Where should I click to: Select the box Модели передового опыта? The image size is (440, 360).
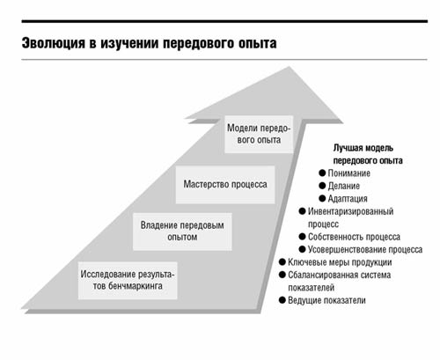pyautogui.click(x=259, y=134)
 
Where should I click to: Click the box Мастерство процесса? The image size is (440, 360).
pyautogui.click(x=225, y=185)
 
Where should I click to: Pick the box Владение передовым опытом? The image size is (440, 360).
pyautogui.click(x=182, y=231)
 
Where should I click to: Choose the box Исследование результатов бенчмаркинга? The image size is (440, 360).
pyautogui.click(x=128, y=281)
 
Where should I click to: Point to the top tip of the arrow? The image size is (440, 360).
pyautogui.click(x=290, y=67)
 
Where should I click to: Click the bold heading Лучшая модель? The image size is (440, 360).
pyautogui.click(x=363, y=148)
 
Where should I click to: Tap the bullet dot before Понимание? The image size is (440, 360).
pyautogui.click(x=322, y=173)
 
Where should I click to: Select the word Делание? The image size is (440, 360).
pyautogui.click(x=343, y=186)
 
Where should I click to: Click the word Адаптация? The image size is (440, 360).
pyautogui.click(x=348, y=199)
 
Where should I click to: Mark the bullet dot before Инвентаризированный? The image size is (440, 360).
pyautogui.click(x=302, y=211)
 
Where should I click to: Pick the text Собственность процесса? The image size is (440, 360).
pyautogui.click(x=354, y=237)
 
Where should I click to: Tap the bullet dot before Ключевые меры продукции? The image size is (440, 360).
pyautogui.click(x=282, y=261)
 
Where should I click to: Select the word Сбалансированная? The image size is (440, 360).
pyautogui.click(x=319, y=275)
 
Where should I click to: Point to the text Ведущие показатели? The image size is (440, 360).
pyautogui.click(x=326, y=300)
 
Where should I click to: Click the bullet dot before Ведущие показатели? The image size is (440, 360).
pyautogui.click(x=282, y=300)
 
